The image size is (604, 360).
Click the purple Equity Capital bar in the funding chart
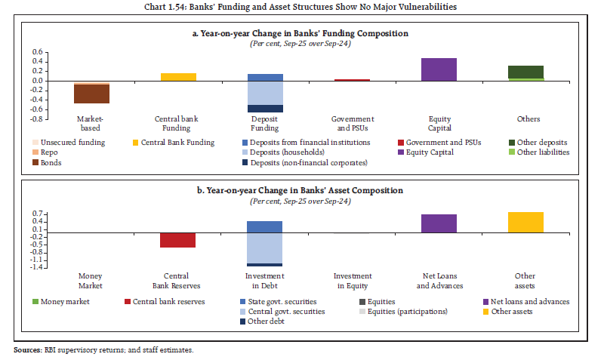pos(439,69)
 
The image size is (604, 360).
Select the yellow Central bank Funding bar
pos(179,77)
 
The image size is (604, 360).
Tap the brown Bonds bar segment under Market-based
pos(91,94)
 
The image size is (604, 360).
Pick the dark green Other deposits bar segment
pos(525,72)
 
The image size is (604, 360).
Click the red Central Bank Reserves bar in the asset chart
pos(179,240)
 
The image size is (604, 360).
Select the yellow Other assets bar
pos(525,223)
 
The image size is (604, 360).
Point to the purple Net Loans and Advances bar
pos(439,223)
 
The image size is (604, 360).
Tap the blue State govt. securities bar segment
pos(265,226)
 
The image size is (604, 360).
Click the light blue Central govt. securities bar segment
pos(265,248)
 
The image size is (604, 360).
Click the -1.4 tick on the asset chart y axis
pos(36,267)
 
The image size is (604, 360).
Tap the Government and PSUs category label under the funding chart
pos(353,124)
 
